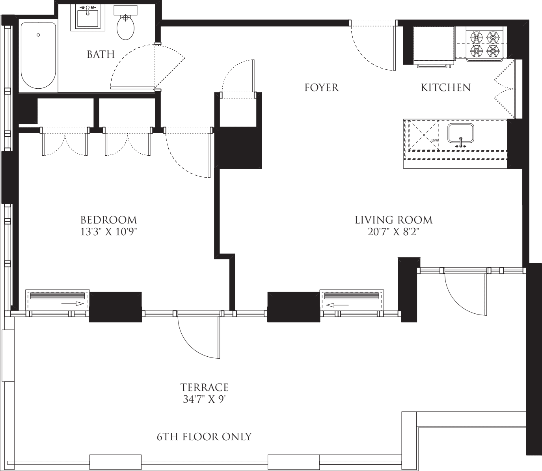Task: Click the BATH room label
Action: tap(101, 54)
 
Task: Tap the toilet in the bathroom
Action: tap(125, 27)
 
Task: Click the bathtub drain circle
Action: tap(38, 35)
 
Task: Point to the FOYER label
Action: tap(321, 87)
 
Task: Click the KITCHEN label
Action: tap(446, 87)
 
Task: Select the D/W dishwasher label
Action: tap(435, 140)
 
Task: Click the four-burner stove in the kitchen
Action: tap(484, 44)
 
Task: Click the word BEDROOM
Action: tap(108, 220)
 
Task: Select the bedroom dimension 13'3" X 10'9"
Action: tap(108, 232)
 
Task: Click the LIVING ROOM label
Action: tap(393, 220)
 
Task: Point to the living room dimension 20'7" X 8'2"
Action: tap(393, 232)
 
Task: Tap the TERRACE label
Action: tap(204, 387)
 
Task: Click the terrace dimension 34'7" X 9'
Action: tap(204, 400)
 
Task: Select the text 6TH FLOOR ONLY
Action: tap(204, 437)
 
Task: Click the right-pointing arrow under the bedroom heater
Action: tap(73, 303)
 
